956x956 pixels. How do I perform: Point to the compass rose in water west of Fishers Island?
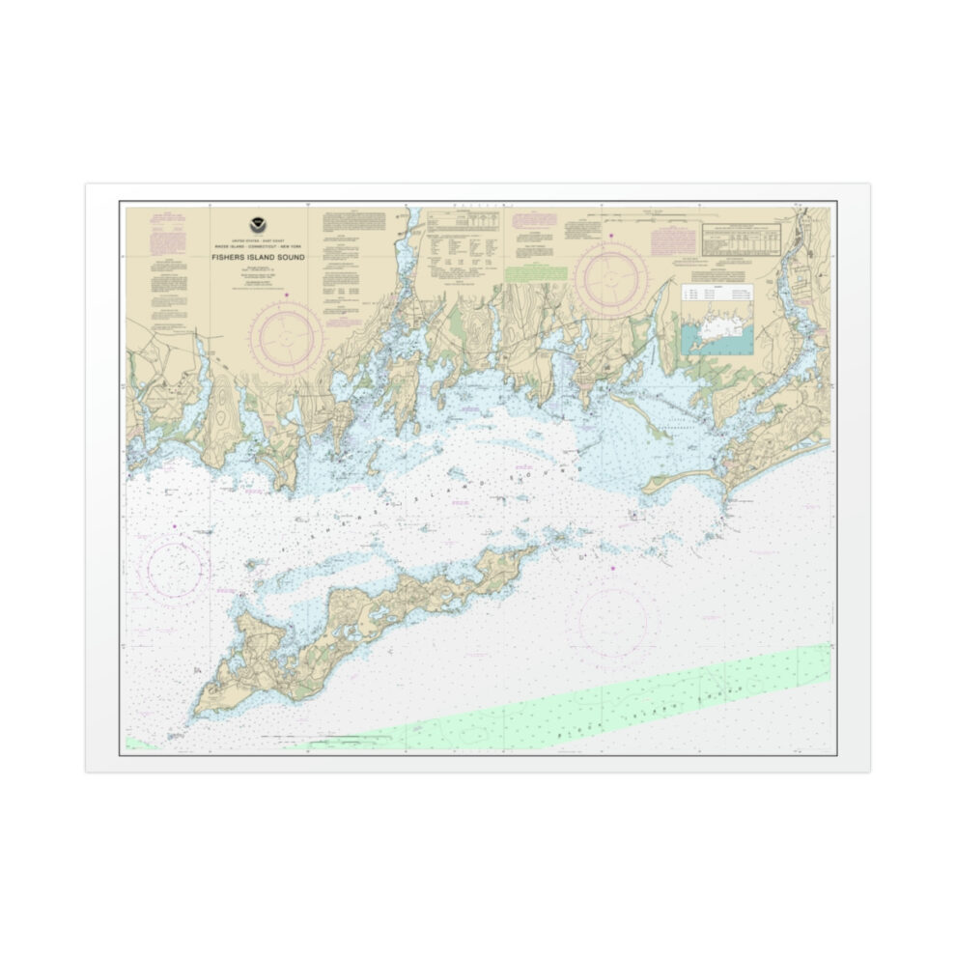coord(176,569)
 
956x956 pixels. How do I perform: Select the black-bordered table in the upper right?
coord(743,240)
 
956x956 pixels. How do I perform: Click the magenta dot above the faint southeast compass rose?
coord(613,568)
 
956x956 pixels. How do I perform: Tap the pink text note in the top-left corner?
coord(164,231)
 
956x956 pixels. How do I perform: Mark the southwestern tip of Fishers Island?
coord(196,714)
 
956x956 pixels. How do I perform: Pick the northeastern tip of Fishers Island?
coord(534,549)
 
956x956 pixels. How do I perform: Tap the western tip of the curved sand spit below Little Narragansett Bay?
coord(645,488)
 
